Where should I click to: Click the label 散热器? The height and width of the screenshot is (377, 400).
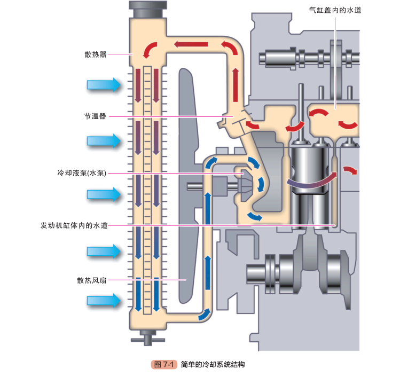pos(96,54)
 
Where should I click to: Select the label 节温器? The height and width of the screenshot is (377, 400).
pos(96,116)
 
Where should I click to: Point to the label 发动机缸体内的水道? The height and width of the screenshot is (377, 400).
pos(74,225)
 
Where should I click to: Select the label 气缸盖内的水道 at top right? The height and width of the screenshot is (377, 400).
pos(335,10)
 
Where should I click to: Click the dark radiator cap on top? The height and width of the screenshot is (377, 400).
pos(147,9)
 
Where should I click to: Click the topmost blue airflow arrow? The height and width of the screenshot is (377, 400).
pos(104,84)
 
